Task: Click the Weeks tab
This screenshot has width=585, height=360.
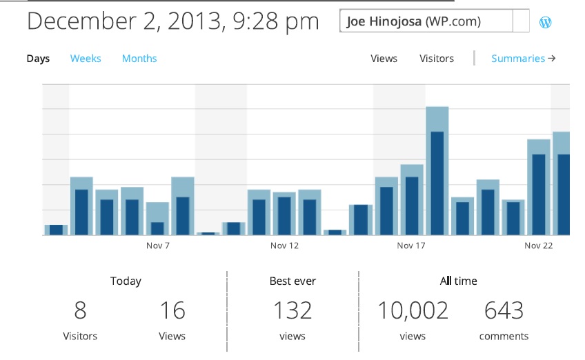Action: click(86, 59)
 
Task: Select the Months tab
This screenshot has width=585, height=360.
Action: click(139, 59)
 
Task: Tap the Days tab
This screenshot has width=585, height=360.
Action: click(38, 59)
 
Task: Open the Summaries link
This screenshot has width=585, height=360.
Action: click(523, 59)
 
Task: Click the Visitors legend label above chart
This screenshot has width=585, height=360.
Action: click(437, 59)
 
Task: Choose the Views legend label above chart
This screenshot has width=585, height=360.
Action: click(384, 59)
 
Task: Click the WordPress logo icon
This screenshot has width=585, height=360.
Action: click(545, 22)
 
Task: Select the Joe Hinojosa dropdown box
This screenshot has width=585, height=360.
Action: click(435, 21)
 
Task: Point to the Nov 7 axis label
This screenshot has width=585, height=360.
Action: click(158, 246)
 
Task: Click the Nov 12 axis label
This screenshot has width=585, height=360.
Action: click(284, 246)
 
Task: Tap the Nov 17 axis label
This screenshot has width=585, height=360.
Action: click(411, 246)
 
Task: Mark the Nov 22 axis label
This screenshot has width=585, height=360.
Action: click(538, 246)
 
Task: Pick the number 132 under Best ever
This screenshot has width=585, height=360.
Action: click(293, 310)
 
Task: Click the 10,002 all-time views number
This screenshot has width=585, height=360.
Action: click(413, 310)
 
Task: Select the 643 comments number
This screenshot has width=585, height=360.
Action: click(504, 310)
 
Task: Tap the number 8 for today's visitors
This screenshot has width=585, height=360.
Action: click(81, 310)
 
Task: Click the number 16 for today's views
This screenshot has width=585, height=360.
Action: click(172, 310)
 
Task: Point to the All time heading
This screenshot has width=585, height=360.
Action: click(458, 281)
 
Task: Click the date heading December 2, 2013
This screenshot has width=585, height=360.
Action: click(173, 21)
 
